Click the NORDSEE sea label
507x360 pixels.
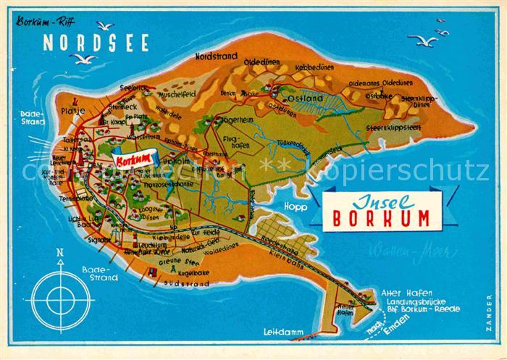pyautogui.click(x=96, y=43)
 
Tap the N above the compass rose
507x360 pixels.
pyautogui.click(x=61, y=254)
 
